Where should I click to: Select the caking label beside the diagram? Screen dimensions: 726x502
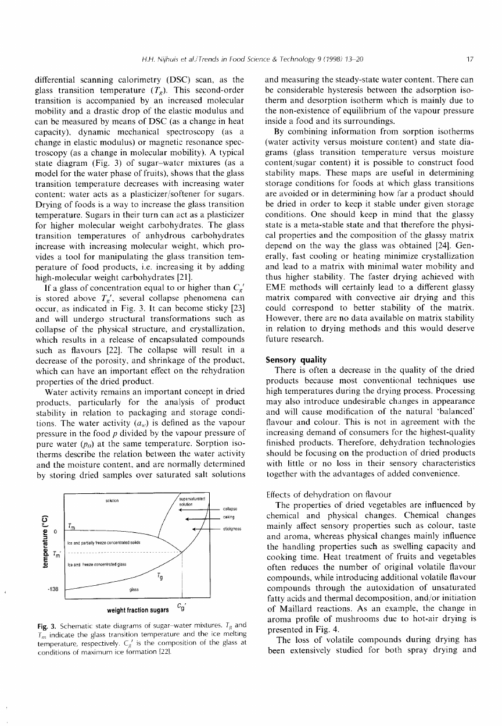point(228,517)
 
